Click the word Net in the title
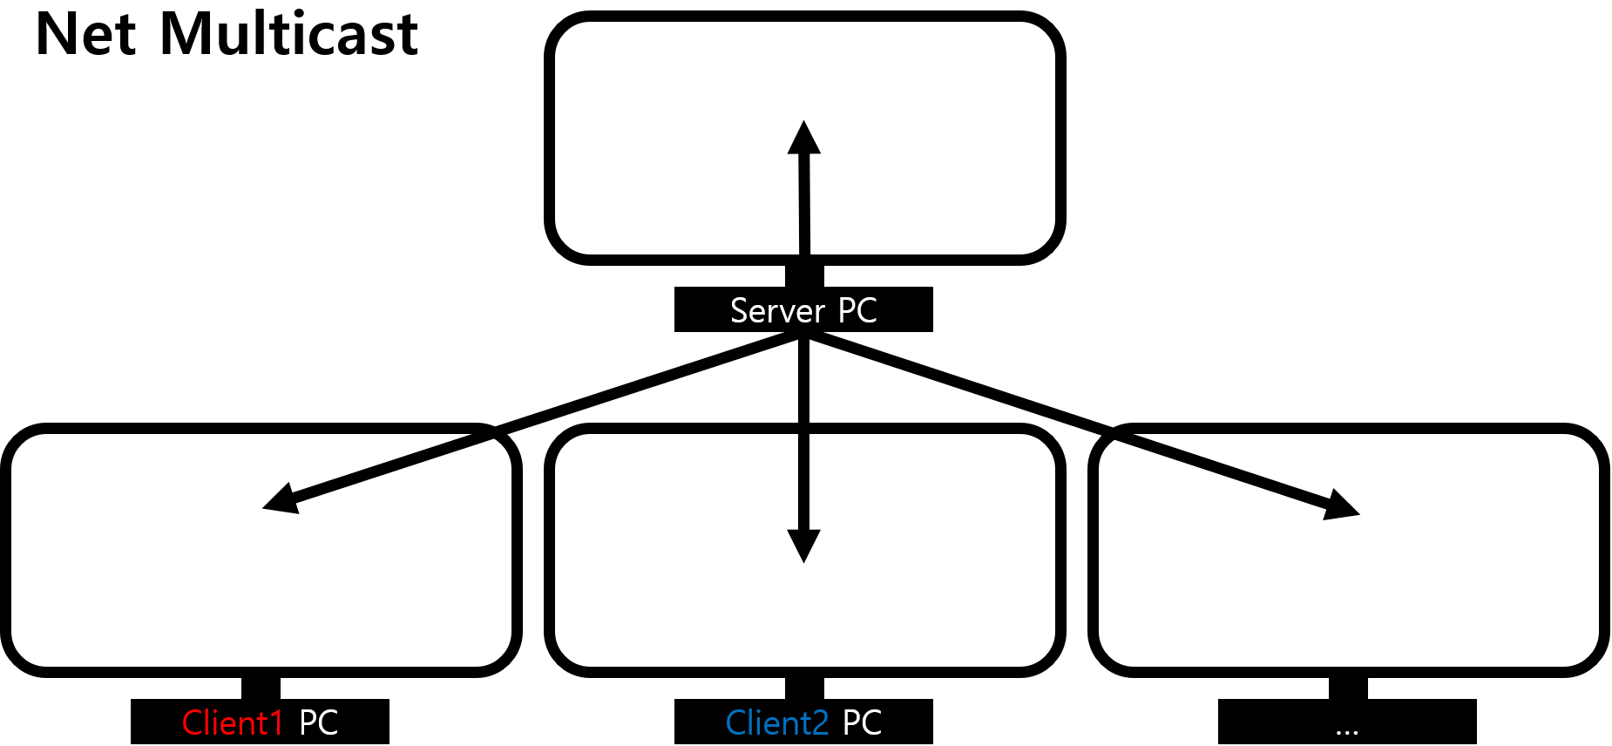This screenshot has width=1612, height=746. [x=86, y=35]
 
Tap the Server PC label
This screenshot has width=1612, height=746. [x=803, y=310]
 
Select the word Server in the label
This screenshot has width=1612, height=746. [x=777, y=310]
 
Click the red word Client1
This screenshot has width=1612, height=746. [x=233, y=722]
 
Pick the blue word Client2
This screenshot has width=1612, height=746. [x=776, y=722]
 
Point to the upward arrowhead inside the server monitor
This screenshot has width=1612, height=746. [x=804, y=138]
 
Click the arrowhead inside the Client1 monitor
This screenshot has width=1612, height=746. [x=281, y=499]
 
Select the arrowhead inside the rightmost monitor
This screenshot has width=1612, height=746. [x=1342, y=505]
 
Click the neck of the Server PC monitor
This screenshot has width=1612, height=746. [x=804, y=275]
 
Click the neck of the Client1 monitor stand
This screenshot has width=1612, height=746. [x=261, y=688]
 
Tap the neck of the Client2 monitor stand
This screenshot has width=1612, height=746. [x=804, y=688]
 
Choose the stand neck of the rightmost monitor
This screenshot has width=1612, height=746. [x=1348, y=688]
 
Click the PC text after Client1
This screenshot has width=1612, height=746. [x=318, y=722]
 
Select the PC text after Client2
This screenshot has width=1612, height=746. [x=862, y=722]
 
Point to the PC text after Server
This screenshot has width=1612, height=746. [x=857, y=310]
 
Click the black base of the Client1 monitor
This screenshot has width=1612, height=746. [x=260, y=722]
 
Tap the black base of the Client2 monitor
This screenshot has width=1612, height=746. [x=803, y=722]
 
